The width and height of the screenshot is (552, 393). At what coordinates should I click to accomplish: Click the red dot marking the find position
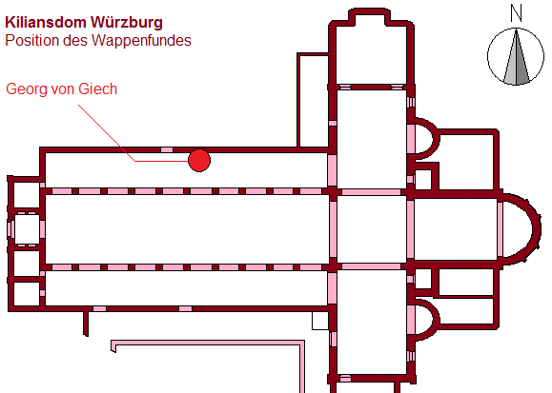[199, 161]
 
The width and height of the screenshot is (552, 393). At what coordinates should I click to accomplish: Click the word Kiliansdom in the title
[46, 23]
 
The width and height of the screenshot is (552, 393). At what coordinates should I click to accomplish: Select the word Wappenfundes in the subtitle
[141, 41]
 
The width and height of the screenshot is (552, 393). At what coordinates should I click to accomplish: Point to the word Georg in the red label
[27, 89]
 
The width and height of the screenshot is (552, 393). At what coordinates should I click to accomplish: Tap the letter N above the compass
[516, 13]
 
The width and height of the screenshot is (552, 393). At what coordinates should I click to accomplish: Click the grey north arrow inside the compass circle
[516, 57]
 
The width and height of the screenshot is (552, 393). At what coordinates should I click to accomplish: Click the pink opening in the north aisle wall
[167, 149]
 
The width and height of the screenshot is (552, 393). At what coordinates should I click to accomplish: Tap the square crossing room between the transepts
[372, 228]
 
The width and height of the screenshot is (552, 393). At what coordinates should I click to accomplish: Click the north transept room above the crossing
[372, 139]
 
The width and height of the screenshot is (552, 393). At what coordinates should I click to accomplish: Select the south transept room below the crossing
[372, 322]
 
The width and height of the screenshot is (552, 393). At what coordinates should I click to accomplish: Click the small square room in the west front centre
[27, 228]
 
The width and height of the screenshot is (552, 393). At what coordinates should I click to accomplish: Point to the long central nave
[187, 228]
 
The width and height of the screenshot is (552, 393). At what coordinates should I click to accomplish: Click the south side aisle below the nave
[187, 288]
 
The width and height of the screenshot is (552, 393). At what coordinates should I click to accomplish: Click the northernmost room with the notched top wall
[371, 49]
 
